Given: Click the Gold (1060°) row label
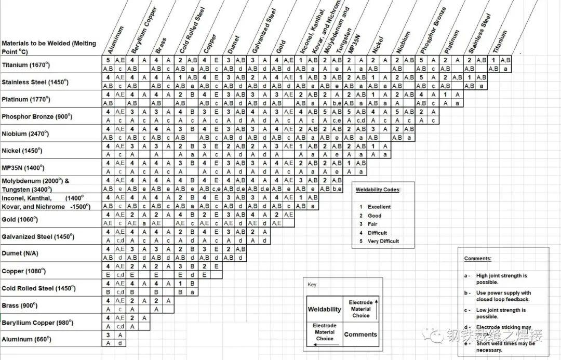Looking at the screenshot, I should [x=20, y=219].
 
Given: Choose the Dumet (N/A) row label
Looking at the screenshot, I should [x=20, y=254].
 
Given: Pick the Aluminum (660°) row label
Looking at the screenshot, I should [x=26, y=339].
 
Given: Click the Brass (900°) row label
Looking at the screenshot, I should [x=20, y=305].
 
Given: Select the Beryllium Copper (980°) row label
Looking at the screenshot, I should [x=36, y=323].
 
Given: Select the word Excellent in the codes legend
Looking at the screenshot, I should [x=379, y=207].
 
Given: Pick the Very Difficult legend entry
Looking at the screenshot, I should [x=383, y=241].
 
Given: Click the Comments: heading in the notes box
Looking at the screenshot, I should [x=477, y=258].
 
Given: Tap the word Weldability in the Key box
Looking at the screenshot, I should [x=325, y=309].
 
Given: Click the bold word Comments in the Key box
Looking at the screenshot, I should [x=360, y=335].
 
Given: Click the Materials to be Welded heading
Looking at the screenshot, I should [x=49, y=47].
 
